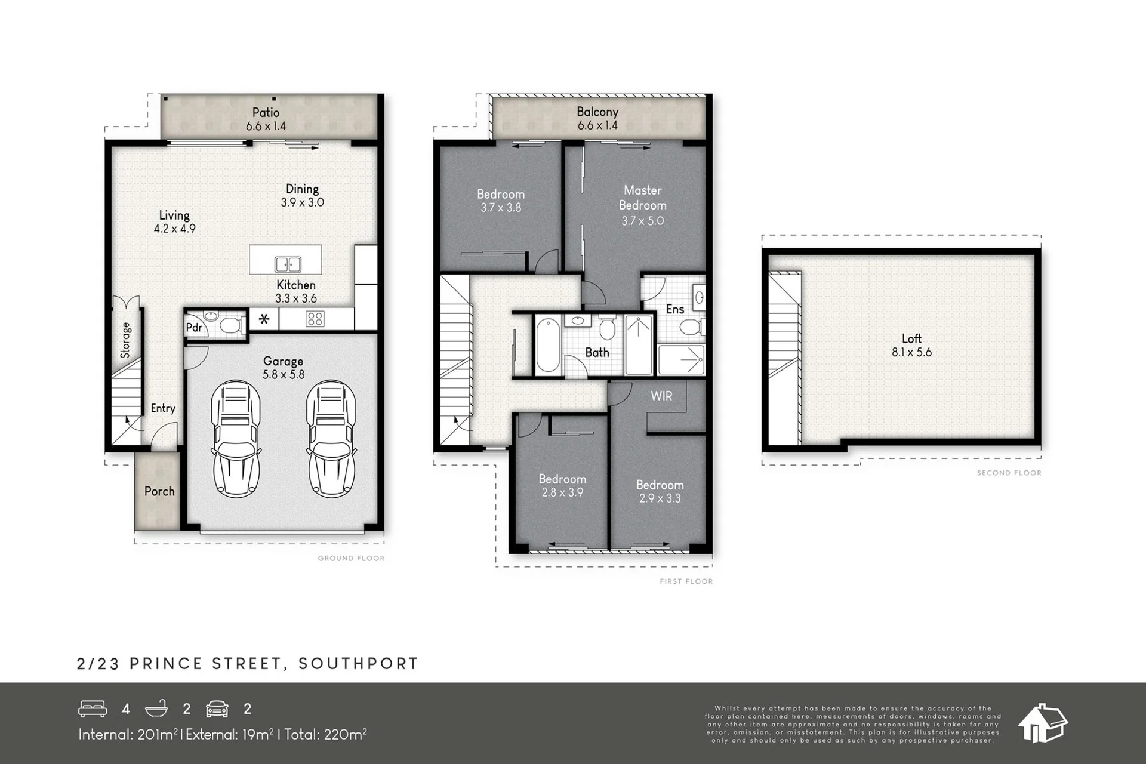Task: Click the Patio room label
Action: click(x=266, y=112)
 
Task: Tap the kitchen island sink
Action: click(x=288, y=264)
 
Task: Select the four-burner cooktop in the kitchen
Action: click(x=315, y=319)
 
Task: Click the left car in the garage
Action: click(x=236, y=439)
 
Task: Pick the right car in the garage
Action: click(x=331, y=439)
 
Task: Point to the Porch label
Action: click(x=159, y=491)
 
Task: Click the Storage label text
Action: click(x=125, y=340)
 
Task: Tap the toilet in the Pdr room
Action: click(x=230, y=325)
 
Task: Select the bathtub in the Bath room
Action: click(x=547, y=346)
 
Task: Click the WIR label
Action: click(x=661, y=396)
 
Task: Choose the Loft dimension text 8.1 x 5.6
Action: click(x=911, y=352)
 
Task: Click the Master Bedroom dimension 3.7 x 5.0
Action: click(x=642, y=221)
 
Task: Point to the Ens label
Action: click(x=675, y=309)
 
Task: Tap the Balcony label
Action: click(x=597, y=112)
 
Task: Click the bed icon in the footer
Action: click(x=93, y=708)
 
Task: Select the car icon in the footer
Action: click(x=217, y=708)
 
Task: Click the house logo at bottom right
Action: click(x=1042, y=723)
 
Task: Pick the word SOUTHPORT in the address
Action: click(x=358, y=664)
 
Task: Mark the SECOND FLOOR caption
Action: click(x=1009, y=473)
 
